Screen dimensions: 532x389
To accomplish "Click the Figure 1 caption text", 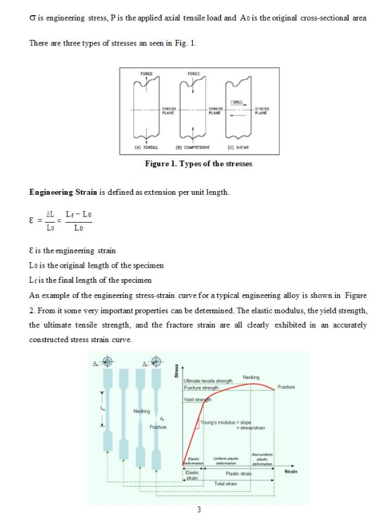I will [x=198, y=164].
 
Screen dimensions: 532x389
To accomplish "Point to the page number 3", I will [x=198, y=510].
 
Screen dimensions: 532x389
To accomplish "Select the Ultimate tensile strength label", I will [x=208, y=380].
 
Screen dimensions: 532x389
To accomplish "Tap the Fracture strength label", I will [x=201, y=388].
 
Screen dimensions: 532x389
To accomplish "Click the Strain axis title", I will [x=290, y=471].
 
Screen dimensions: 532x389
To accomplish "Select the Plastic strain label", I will [x=238, y=473].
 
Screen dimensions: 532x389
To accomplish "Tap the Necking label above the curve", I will [x=251, y=377].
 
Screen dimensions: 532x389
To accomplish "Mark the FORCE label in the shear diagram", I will [x=237, y=102].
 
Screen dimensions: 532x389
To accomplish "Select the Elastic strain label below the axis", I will [x=192, y=475].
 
